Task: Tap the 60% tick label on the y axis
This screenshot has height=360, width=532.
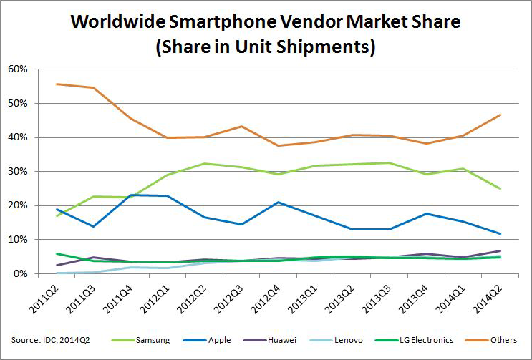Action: click(17, 69)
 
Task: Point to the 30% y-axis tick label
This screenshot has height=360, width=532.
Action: click(17, 171)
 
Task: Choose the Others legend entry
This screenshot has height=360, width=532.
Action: click(503, 340)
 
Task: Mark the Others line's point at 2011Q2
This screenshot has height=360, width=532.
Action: click(57, 84)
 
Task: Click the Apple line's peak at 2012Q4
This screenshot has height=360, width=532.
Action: click(279, 202)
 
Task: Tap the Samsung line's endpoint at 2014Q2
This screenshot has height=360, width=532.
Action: click(500, 189)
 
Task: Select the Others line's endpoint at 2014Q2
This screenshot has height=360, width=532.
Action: click(500, 115)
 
